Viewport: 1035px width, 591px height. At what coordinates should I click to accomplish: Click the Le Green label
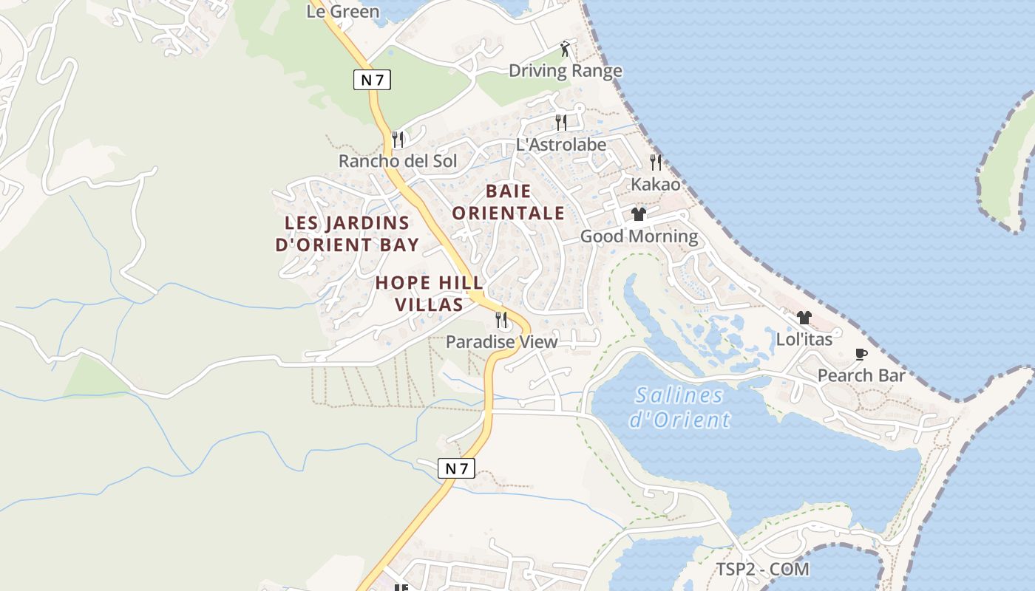(343, 11)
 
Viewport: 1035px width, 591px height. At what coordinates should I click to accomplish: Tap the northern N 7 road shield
(371, 80)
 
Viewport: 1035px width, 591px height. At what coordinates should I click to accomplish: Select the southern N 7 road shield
(456, 468)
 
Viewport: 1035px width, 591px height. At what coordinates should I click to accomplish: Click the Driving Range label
(566, 71)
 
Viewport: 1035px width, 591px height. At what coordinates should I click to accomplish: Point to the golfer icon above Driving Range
(566, 49)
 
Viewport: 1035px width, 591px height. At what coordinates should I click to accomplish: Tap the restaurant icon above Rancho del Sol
(398, 139)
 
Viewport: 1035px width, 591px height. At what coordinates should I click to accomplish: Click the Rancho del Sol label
(398, 161)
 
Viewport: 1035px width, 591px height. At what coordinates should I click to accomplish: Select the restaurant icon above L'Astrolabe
(561, 122)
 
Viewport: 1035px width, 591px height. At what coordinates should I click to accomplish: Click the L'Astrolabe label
(561, 145)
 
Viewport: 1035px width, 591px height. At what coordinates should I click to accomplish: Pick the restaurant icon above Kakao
(655, 162)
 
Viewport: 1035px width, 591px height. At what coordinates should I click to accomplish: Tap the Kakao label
(655, 184)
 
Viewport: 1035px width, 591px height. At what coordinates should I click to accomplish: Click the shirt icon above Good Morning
(639, 214)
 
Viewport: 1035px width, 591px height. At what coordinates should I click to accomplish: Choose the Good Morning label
(639, 236)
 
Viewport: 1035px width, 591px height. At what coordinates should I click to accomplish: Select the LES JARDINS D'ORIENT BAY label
(347, 233)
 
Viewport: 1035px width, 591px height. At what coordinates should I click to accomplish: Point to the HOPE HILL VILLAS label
(430, 293)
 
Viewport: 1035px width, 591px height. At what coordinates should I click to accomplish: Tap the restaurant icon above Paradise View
(501, 320)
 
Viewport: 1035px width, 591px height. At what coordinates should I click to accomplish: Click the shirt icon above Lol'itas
(804, 318)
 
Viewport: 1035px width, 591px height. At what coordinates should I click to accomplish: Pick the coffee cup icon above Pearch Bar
(861, 354)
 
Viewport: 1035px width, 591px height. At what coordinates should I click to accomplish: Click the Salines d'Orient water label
(679, 407)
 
